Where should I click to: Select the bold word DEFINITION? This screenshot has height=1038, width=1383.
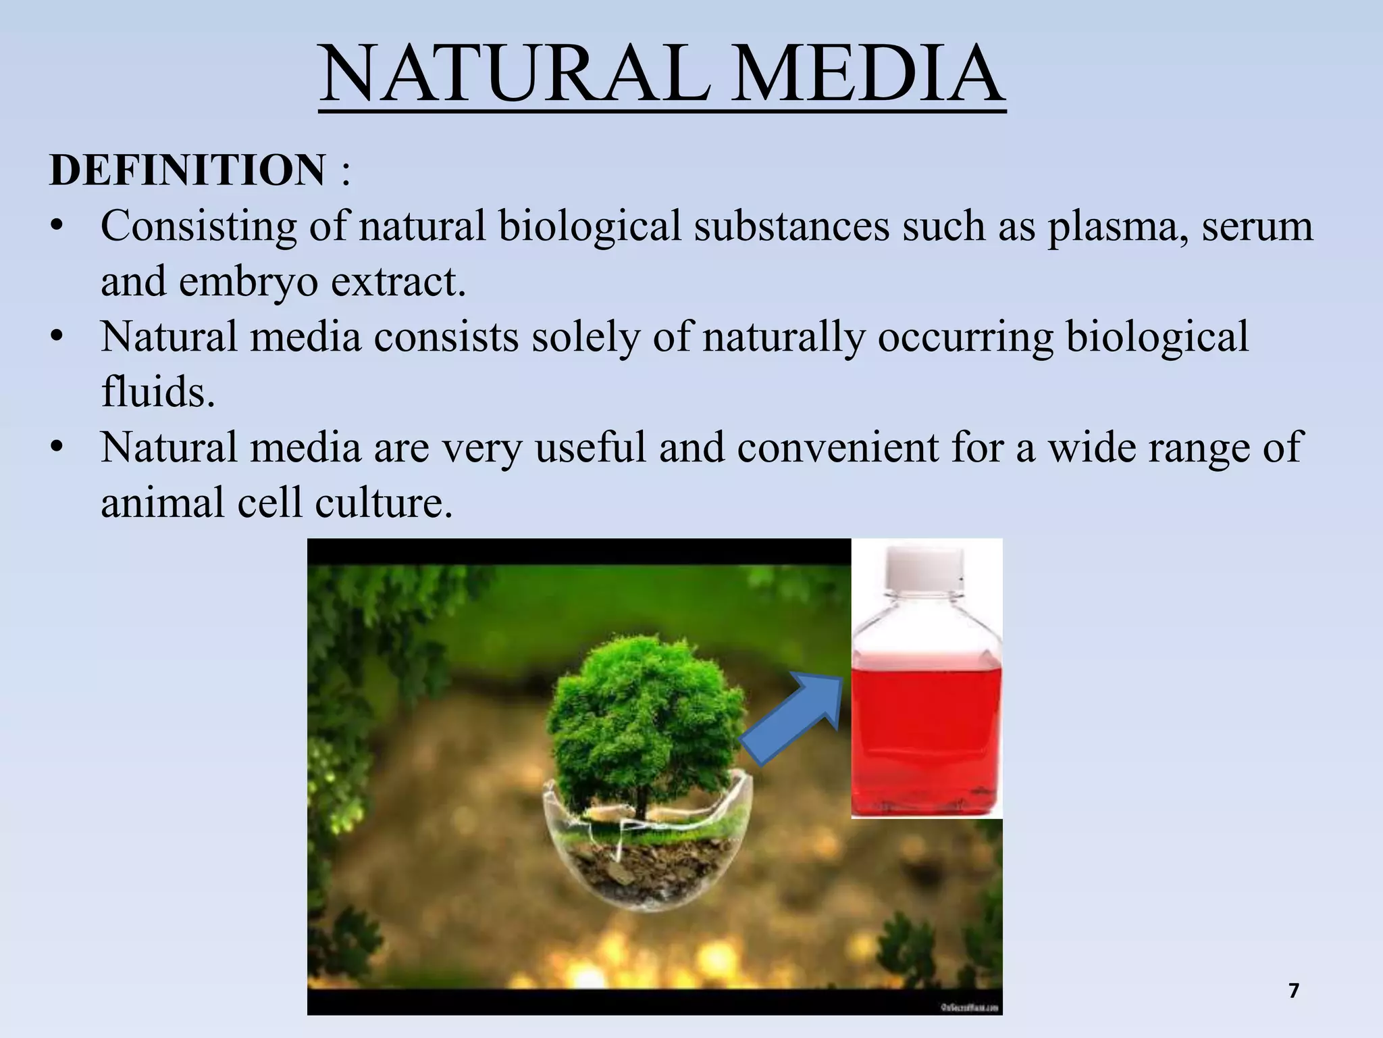(188, 170)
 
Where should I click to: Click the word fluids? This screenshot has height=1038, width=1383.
(157, 393)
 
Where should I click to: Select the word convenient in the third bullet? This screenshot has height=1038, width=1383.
(837, 448)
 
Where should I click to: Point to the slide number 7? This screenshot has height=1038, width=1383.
(1293, 991)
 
